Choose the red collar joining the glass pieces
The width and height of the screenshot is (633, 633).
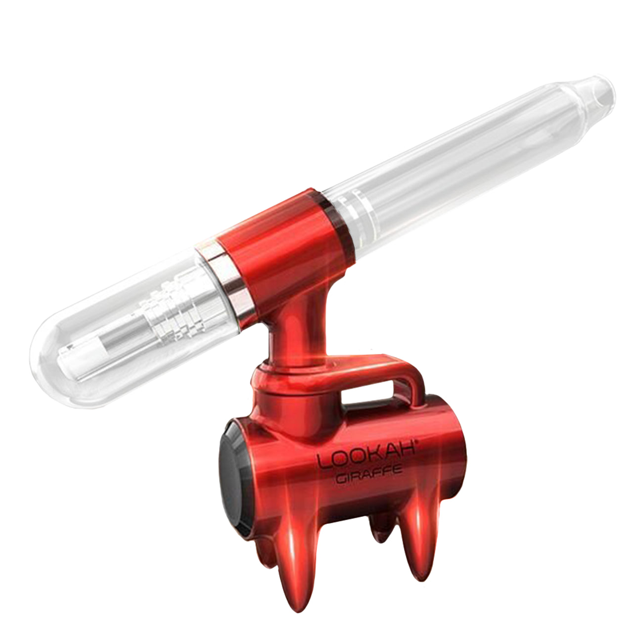click(x=277, y=247)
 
